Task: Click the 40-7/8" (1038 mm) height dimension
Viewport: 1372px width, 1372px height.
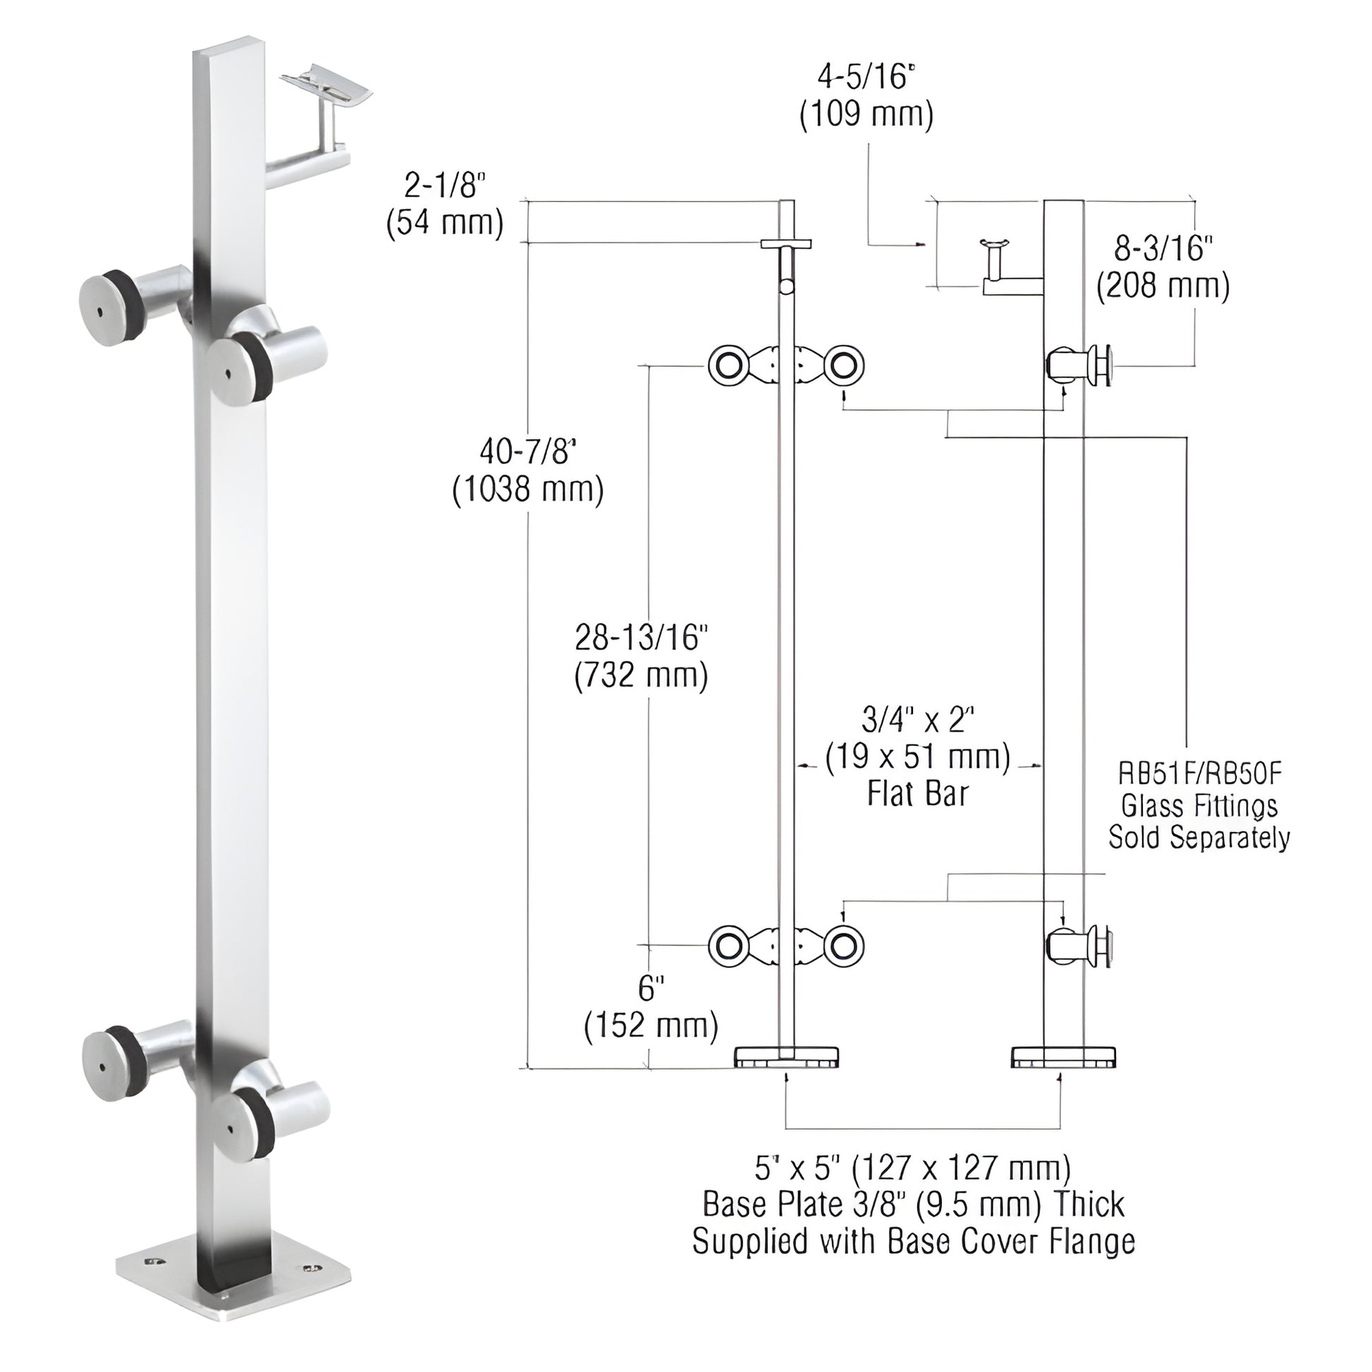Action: click(x=527, y=470)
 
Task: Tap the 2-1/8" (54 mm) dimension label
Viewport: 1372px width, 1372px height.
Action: click(x=445, y=205)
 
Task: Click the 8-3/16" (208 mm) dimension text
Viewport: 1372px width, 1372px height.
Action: click(x=1163, y=267)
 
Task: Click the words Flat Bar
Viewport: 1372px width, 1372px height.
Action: click(x=917, y=793)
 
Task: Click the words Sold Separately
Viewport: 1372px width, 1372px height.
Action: click(x=1199, y=838)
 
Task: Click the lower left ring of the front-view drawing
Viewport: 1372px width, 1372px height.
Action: click(x=728, y=946)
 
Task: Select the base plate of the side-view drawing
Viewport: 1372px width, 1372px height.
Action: click(x=1062, y=1056)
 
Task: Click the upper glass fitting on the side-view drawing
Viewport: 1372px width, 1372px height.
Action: click(x=1079, y=366)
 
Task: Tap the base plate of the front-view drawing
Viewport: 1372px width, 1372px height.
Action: click(x=786, y=1056)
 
